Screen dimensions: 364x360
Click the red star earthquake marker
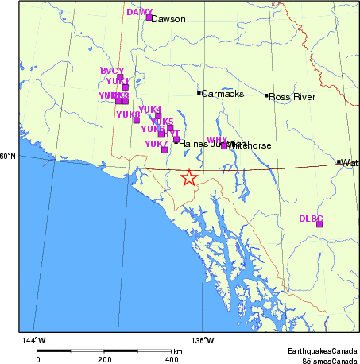click(188, 177)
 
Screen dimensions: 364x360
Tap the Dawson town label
click(168, 19)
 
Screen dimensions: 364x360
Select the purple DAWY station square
click(149, 17)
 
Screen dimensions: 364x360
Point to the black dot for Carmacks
click(199, 93)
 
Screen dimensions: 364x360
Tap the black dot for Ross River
click(266, 96)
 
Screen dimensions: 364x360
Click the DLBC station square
click(319, 224)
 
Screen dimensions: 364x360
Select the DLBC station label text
click(311, 218)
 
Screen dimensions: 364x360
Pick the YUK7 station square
click(165, 149)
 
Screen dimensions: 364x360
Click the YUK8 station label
click(127, 114)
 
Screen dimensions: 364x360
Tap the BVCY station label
click(112, 71)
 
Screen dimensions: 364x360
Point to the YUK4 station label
click(149, 110)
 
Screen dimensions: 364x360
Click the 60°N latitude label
click(7, 156)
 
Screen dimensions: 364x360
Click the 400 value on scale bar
click(171, 359)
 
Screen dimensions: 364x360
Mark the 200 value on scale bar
click(104, 359)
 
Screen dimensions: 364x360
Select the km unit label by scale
click(177, 350)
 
